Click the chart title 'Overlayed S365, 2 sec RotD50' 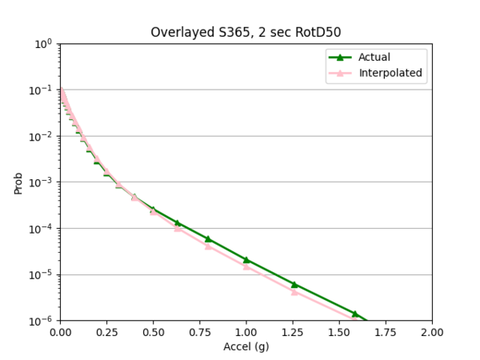(246, 33)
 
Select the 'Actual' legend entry (375, 57)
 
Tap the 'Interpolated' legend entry (390, 74)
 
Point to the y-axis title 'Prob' (18, 182)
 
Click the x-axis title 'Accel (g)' (246, 347)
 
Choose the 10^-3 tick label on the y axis (42, 182)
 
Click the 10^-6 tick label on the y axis (42, 321)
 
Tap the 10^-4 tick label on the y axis (42, 229)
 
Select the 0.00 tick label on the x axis (60, 332)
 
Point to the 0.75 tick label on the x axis (199, 332)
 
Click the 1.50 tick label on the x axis (339, 332)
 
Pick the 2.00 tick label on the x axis (432, 332)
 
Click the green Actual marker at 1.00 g (246, 259)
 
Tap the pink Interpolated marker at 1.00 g (246, 266)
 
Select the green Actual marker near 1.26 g (294, 284)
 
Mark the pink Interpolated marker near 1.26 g (294, 291)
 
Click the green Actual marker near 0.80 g (208, 238)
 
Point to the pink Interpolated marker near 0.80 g (208, 246)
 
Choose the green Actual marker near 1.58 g (354, 314)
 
